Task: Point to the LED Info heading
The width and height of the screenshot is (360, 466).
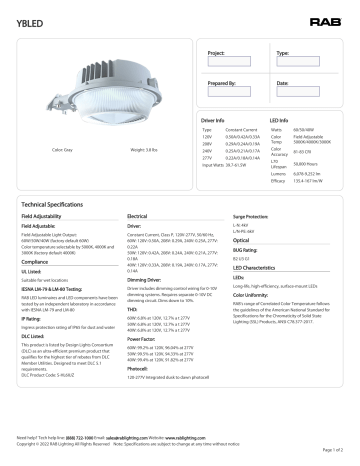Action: click(x=282, y=120)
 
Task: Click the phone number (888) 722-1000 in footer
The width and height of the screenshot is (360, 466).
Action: click(x=72, y=438)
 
